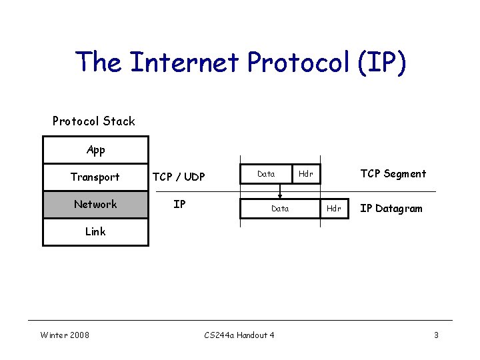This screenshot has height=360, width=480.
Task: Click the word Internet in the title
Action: (x=184, y=62)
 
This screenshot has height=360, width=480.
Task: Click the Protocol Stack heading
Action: (x=93, y=121)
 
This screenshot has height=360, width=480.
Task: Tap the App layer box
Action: (x=95, y=150)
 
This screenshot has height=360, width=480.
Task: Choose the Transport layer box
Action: (x=95, y=177)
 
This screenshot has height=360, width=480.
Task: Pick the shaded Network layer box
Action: (x=95, y=204)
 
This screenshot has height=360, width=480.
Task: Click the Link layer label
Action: (x=95, y=231)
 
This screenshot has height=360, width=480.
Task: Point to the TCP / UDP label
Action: (x=179, y=177)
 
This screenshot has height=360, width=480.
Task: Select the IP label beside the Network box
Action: (x=179, y=204)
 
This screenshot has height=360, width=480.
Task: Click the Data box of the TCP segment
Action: (x=266, y=173)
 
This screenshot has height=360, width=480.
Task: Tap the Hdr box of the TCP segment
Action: (x=306, y=173)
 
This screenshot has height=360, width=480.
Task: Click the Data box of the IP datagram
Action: (x=280, y=209)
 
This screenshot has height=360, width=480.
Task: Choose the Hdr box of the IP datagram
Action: (x=334, y=209)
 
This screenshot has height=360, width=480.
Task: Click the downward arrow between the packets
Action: (x=280, y=190)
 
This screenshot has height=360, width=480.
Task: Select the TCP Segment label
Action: (x=393, y=173)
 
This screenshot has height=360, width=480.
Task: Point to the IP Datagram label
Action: (x=391, y=209)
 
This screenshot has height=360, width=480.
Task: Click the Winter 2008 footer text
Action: (x=65, y=335)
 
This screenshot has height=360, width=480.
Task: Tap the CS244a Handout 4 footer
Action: (x=239, y=335)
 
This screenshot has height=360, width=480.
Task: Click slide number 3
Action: (x=436, y=335)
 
